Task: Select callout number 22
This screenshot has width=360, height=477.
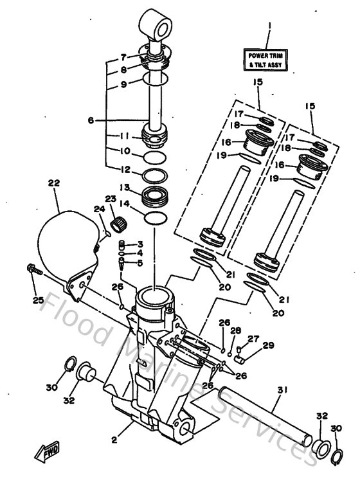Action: (x=53, y=183)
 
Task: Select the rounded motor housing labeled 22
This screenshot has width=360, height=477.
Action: (x=64, y=244)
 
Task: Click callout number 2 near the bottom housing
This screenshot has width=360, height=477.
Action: (x=114, y=440)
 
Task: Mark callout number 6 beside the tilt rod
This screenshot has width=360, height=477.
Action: (x=91, y=120)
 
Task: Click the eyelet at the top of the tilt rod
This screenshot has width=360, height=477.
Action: (x=154, y=24)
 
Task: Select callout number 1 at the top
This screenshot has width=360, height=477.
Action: (x=269, y=26)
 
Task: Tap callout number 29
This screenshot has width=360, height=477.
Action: (x=268, y=345)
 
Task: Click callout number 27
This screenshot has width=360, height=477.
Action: (x=253, y=339)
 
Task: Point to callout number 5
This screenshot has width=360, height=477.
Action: (x=140, y=262)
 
